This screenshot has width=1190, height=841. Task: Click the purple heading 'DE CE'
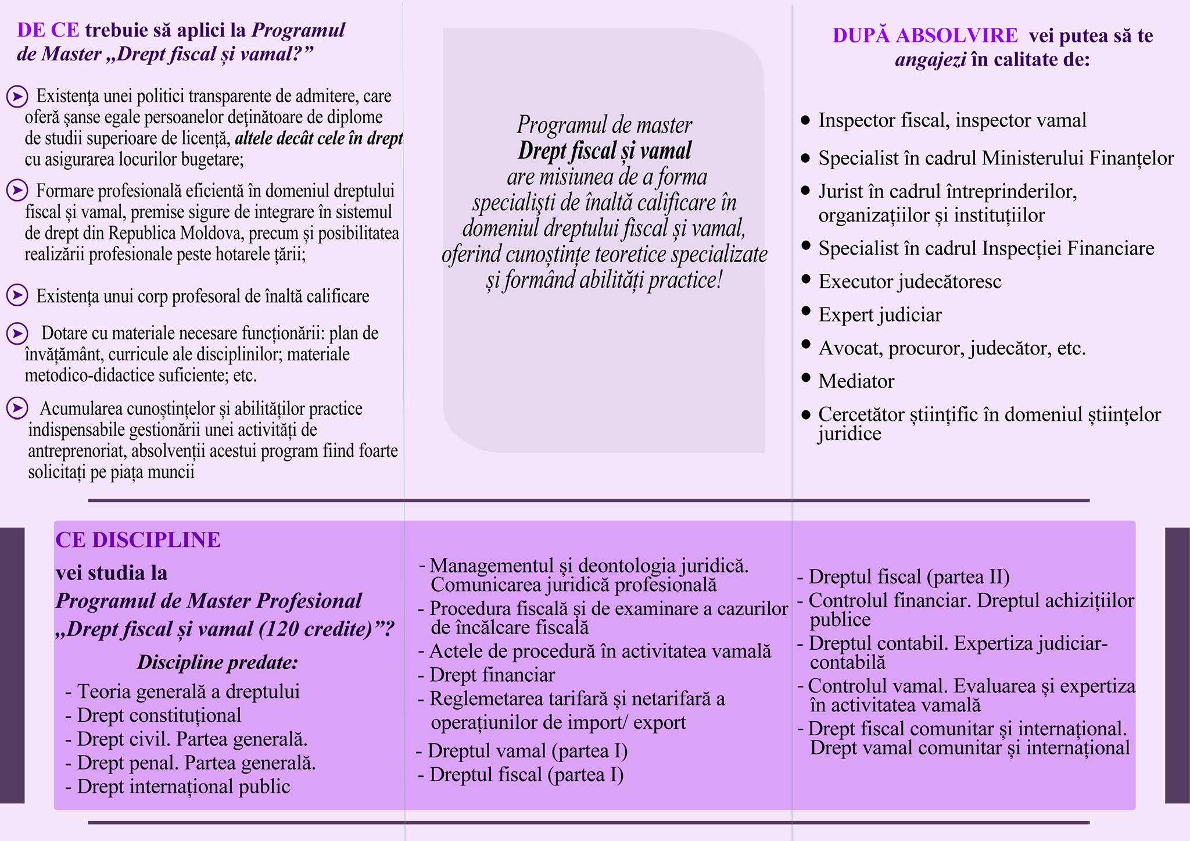click(x=48, y=30)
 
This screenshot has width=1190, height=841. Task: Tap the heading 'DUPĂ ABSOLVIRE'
click(x=925, y=35)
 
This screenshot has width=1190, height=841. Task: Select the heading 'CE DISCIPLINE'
click(x=138, y=540)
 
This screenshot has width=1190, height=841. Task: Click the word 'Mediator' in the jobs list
click(x=856, y=381)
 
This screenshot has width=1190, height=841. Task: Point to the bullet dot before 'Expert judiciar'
click(x=805, y=312)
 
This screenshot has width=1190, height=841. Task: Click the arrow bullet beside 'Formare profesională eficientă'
click(x=17, y=191)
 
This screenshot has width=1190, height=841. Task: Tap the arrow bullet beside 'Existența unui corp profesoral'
click(x=17, y=295)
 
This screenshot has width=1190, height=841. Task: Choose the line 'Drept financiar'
click(x=492, y=675)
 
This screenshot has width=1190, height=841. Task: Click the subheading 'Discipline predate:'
click(x=217, y=663)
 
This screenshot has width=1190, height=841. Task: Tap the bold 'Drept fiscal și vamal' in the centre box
click(x=604, y=151)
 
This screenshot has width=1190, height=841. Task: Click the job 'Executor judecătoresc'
click(x=910, y=282)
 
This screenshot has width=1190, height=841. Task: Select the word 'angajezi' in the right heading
click(x=931, y=60)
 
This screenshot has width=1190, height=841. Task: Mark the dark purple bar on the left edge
click(x=12, y=665)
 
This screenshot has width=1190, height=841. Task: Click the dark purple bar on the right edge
click(x=1178, y=665)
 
